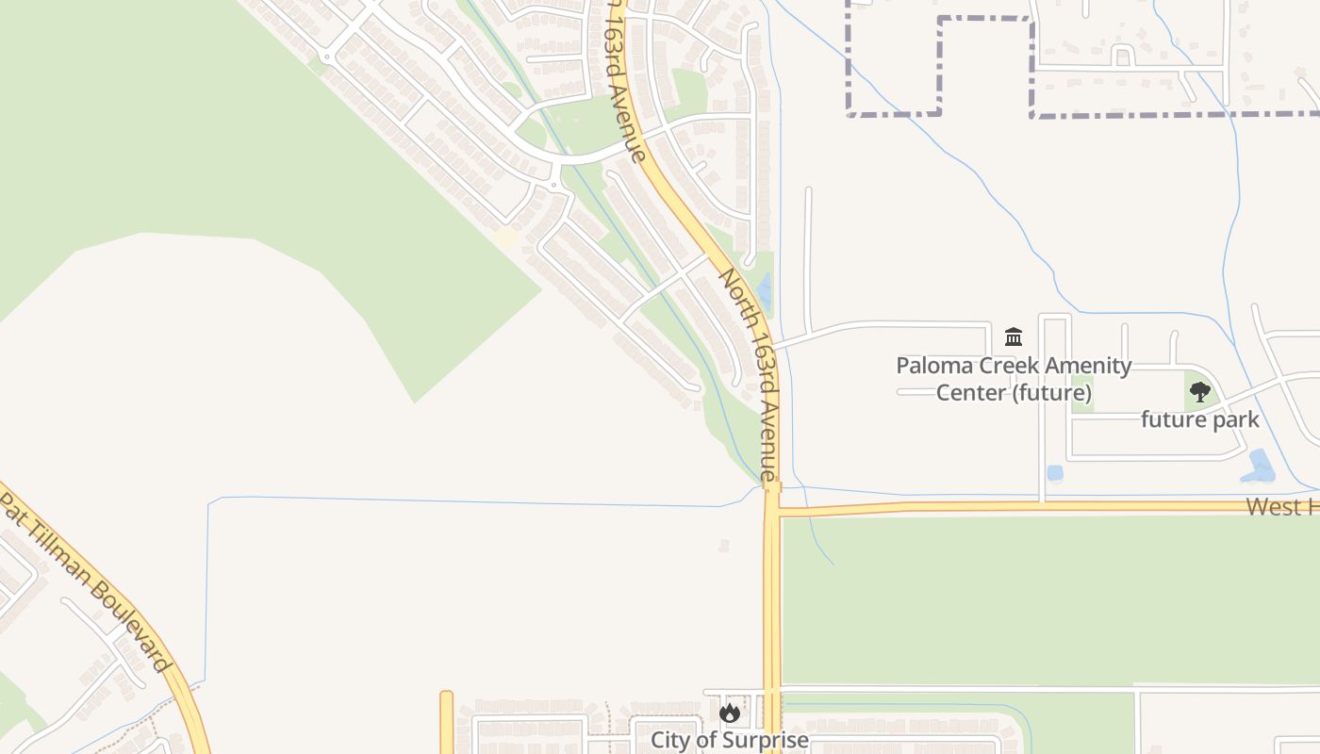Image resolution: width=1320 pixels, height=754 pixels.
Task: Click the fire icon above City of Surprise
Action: (x=730, y=713)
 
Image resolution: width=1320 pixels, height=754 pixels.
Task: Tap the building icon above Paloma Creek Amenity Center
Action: (x=1014, y=336)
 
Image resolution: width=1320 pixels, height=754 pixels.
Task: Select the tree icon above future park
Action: (x=1199, y=392)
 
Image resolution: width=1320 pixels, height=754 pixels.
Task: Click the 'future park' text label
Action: (x=1199, y=419)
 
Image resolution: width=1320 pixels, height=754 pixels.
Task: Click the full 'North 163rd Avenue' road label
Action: (x=751, y=377)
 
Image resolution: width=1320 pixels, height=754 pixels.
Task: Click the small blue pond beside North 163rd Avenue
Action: (x=764, y=292)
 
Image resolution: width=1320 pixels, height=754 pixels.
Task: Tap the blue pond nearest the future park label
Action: (x=1259, y=466)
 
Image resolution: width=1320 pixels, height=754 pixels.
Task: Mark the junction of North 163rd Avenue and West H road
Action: (x=772, y=511)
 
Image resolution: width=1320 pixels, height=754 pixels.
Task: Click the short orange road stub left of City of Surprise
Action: (x=446, y=722)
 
